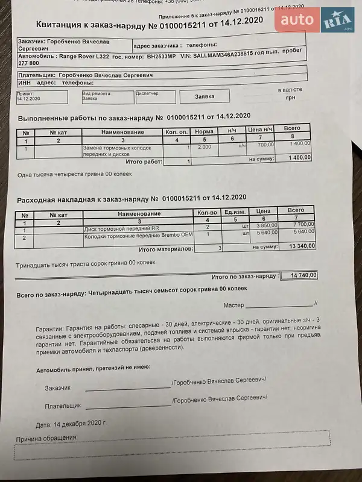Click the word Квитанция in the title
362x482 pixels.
pos(65,25)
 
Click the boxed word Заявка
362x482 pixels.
pos(205,96)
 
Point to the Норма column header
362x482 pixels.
pos(205,131)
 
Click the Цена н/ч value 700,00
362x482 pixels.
pos(265,145)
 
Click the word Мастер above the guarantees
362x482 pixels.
pos(233,305)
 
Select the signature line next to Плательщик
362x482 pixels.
pos(128,405)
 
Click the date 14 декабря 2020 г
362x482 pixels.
pos(79,424)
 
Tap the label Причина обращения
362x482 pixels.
pos(47,438)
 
